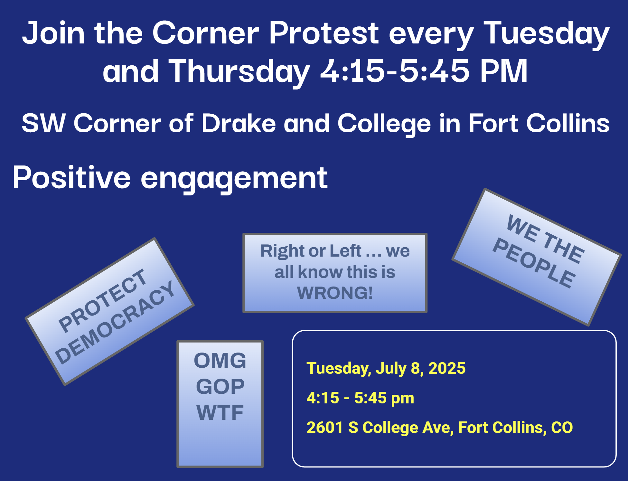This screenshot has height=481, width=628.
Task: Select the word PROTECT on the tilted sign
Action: coord(102,300)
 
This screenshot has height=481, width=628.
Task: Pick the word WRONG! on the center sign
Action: coord(335,293)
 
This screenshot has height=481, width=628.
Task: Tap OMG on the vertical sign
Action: coord(220,360)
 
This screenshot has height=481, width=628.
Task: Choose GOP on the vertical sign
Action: coord(220,386)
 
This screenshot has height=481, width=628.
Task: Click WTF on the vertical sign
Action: coord(220,412)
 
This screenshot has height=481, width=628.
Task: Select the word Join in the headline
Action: coord(53,32)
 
